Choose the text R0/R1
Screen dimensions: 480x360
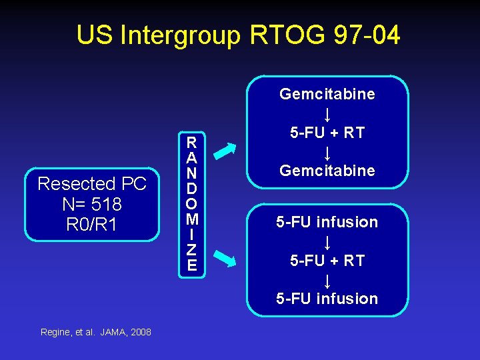pos(92,224)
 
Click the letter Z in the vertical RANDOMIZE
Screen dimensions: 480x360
pos(192,250)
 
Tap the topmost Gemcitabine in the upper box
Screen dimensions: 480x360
pos(327,94)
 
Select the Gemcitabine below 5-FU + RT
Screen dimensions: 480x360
pos(327,171)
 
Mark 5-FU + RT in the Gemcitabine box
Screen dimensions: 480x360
pos(327,133)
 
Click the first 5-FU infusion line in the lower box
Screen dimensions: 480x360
pos(327,222)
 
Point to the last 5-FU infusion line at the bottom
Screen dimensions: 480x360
pos(327,299)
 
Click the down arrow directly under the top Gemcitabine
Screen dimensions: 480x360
pos(327,113)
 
